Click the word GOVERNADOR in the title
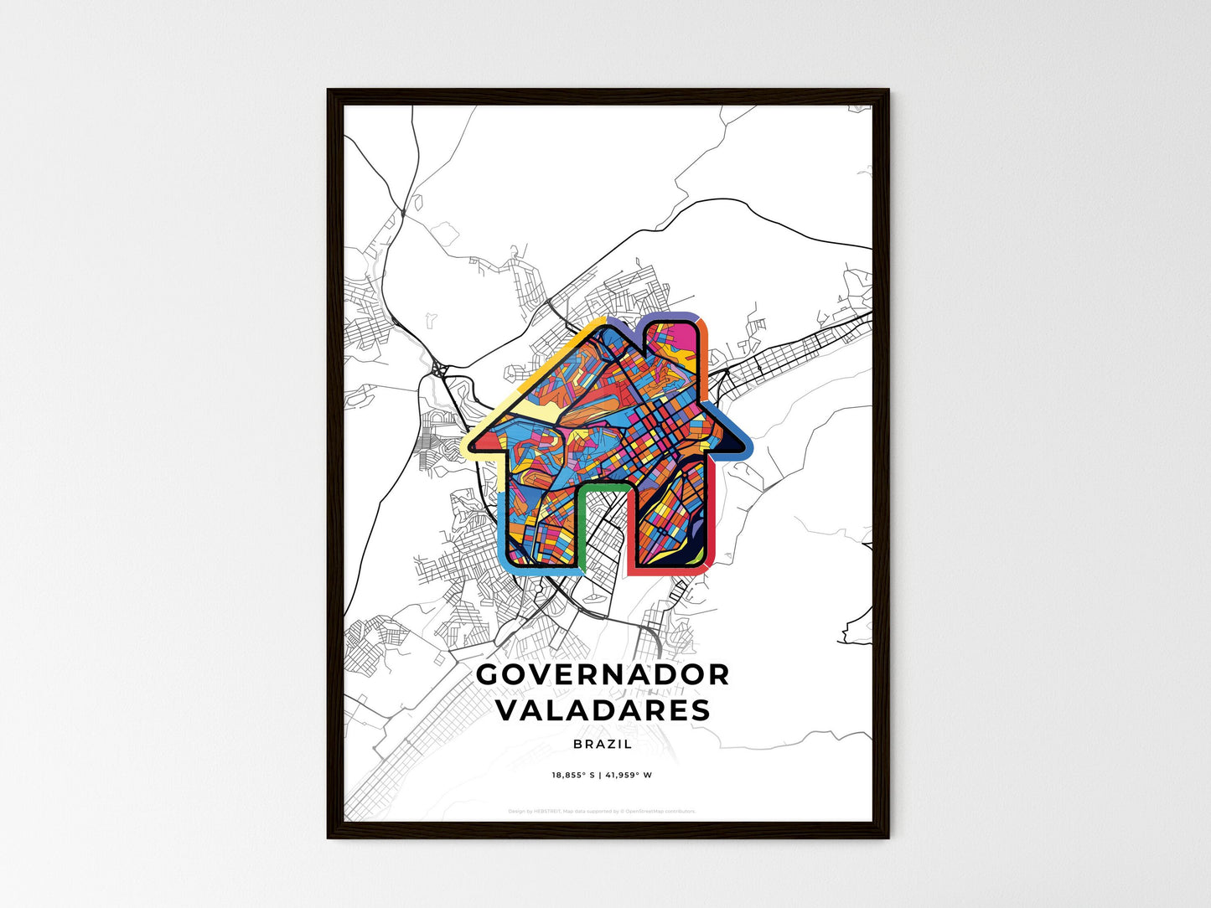tap(603, 674)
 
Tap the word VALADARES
tap(603, 710)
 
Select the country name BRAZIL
tap(603, 744)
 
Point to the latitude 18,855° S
tap(572, 775)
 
